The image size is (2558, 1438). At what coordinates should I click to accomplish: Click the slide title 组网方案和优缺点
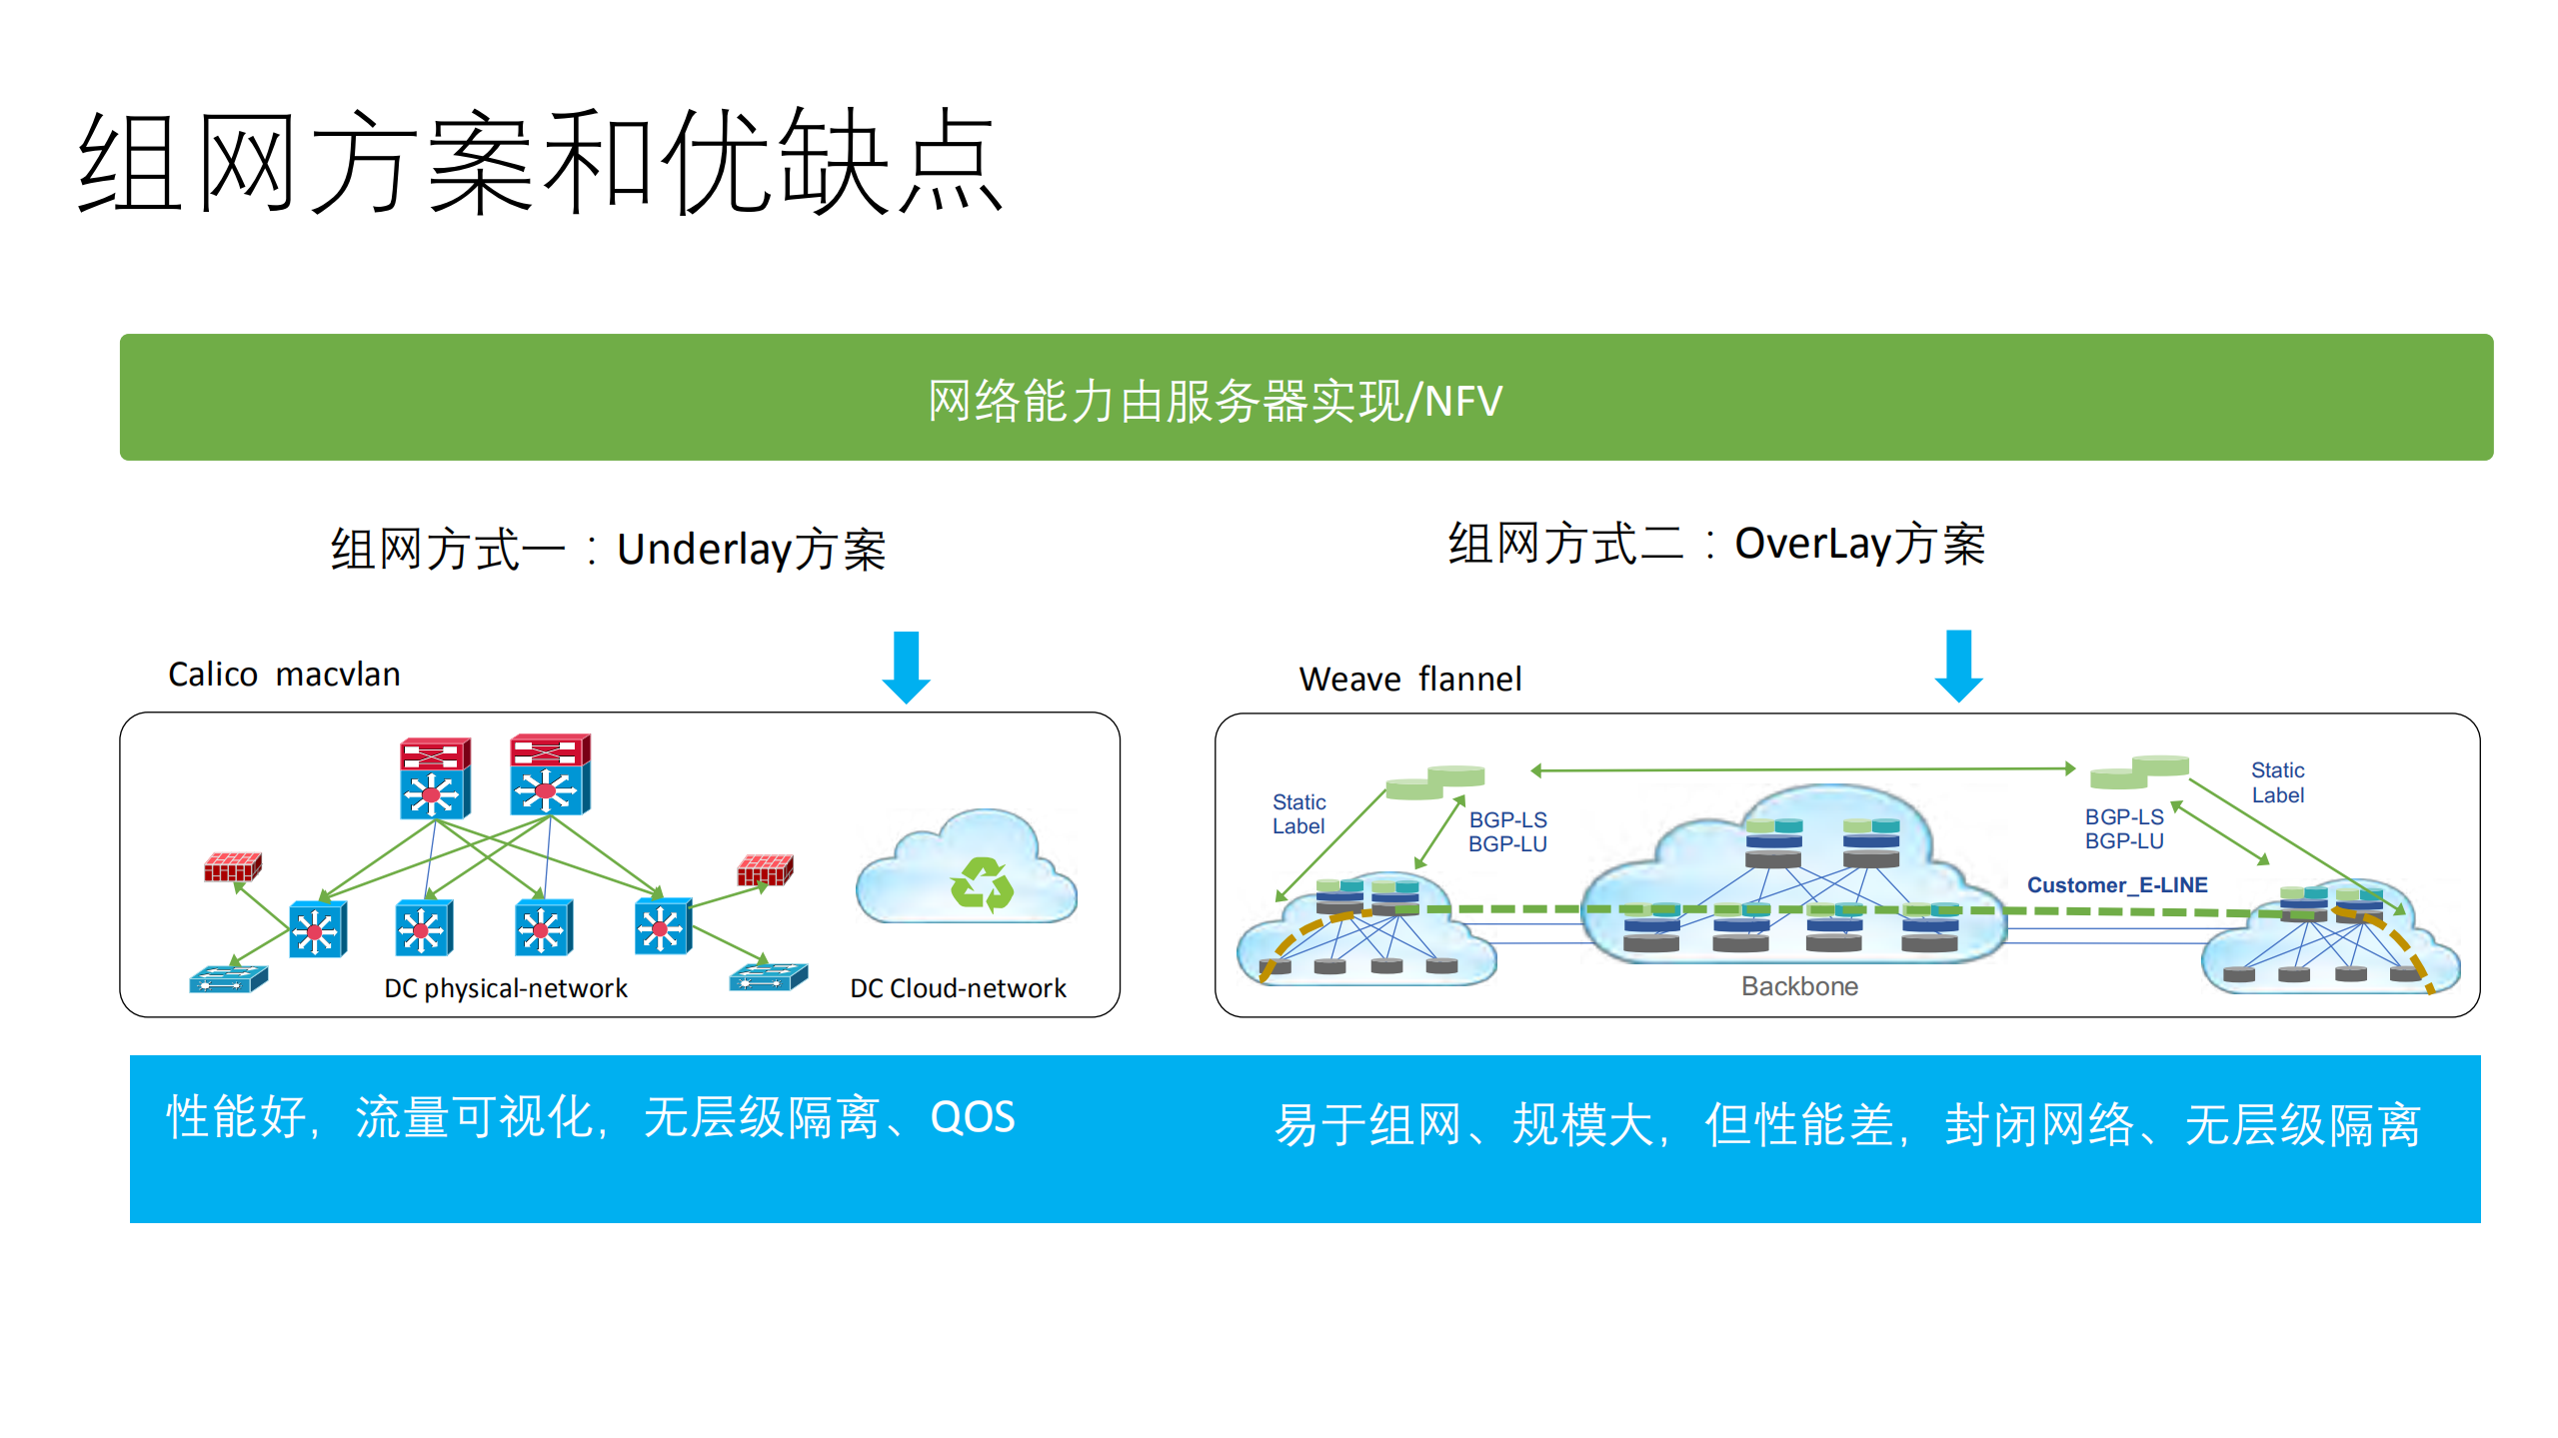pos(540,162)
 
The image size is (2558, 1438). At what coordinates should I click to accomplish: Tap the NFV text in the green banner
pos(1462,402)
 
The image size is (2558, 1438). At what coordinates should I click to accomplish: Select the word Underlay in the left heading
pos(704,549)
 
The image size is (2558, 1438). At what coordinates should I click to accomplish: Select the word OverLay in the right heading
pos(1812,544)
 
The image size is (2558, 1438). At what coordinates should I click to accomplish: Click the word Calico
pos(212,675)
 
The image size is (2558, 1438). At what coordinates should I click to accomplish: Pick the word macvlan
pos(338,675)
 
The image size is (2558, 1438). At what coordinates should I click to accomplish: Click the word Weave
pos(1349,680)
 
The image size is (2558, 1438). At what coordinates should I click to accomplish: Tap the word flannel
pos(1469,680)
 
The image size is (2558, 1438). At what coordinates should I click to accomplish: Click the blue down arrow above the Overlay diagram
pos(1958,666)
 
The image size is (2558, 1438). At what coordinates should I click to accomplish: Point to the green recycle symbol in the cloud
pos(982,883)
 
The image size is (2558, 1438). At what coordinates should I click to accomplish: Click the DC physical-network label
pos(506,988)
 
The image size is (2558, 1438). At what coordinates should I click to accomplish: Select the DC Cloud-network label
pos(958,988)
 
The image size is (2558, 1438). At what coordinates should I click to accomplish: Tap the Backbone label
pos(1799,986)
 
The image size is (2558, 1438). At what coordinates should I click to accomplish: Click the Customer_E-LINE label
pos(2116,884)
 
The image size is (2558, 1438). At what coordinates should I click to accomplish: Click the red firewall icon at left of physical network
pos(232,866)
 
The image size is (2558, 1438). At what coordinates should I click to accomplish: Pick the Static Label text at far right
pos(2277,782)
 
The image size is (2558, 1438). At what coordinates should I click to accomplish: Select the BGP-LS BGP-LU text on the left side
pos(1506,831)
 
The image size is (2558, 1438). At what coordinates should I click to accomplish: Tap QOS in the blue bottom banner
pos(972,1117)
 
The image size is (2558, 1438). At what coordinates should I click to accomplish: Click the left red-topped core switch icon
pos(434,778)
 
